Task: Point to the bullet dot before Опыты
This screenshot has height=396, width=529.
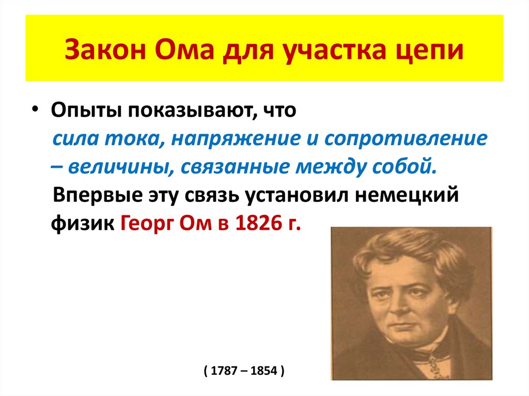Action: point(34,112)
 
